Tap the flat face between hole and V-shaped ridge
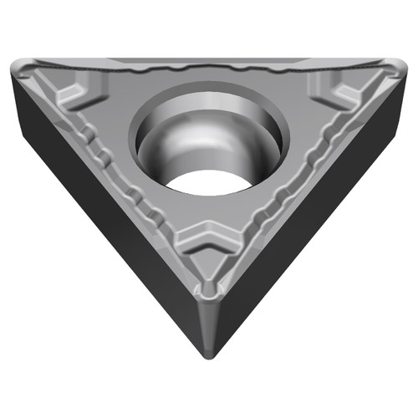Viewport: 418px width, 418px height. (209, 213)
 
